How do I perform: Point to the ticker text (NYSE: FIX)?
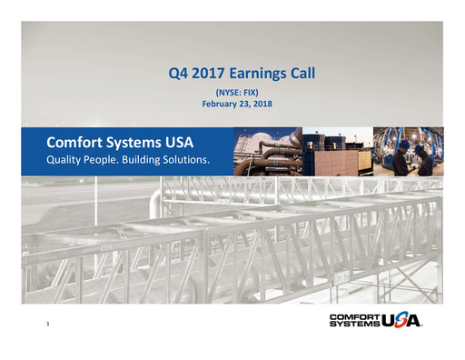(x=237, y=93)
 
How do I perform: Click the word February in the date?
(x=222, y=105)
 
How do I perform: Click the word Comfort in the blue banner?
(x=75, y=142)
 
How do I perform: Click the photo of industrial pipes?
(x=267, y=151)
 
